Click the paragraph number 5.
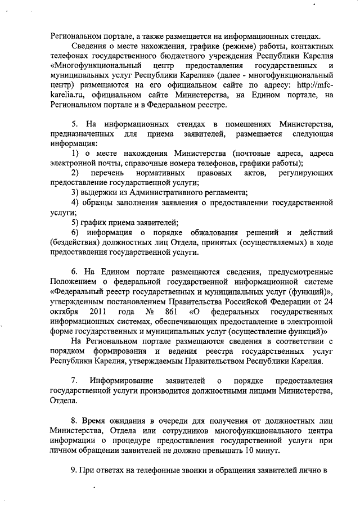coord(74,124)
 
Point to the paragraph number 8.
coord(74,421)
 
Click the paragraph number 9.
coord(74,470)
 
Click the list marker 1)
coord(75,154)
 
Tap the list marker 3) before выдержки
coord(75,192)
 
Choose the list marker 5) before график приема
coord(75,222)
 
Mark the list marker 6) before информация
coord(75,232)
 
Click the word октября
coord(64,312)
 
